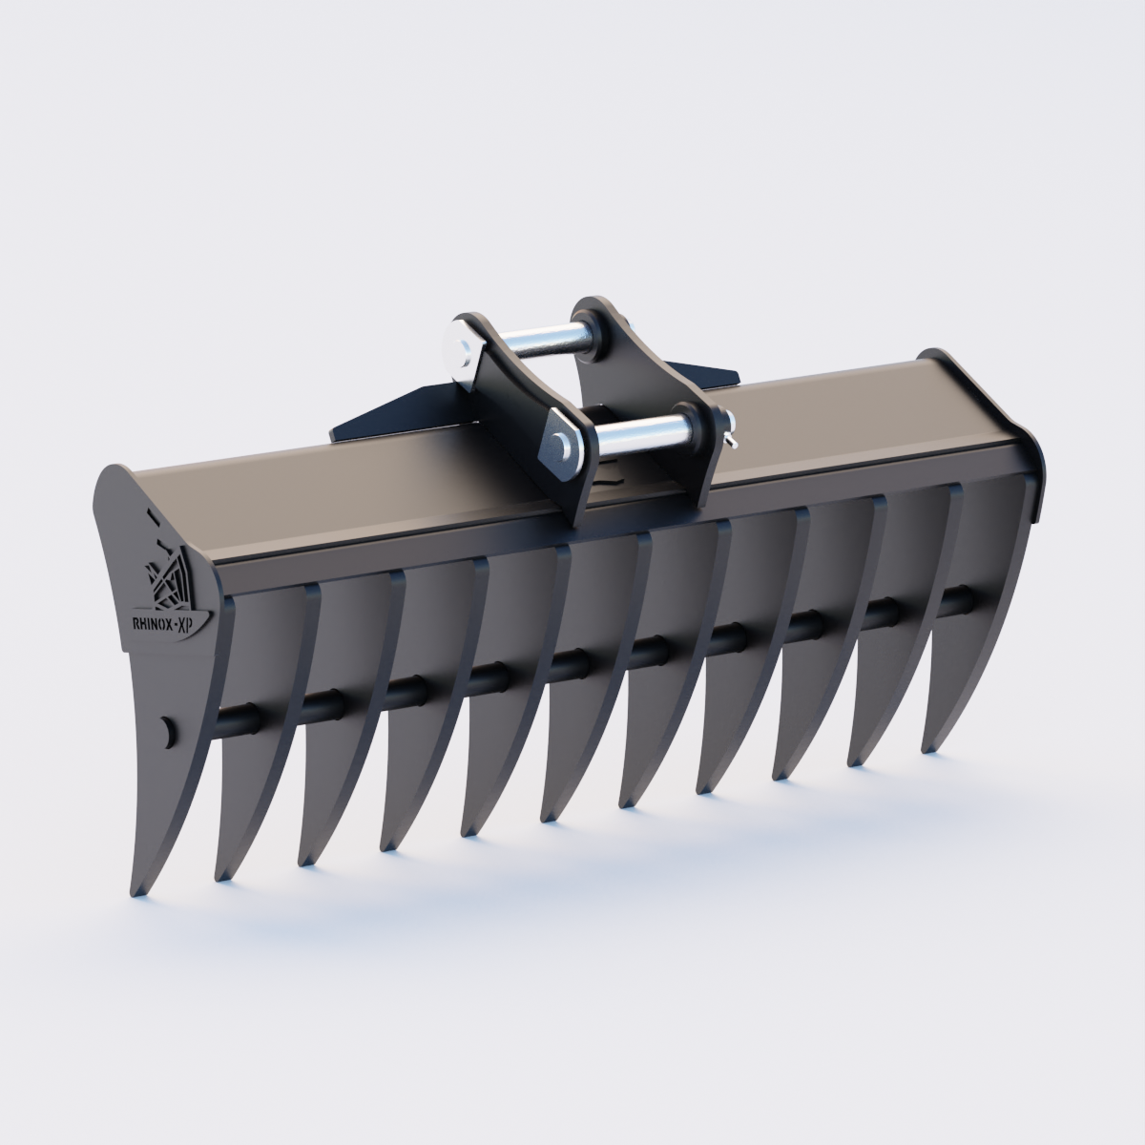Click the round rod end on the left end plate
point(169,730)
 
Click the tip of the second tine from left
point(224,876)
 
